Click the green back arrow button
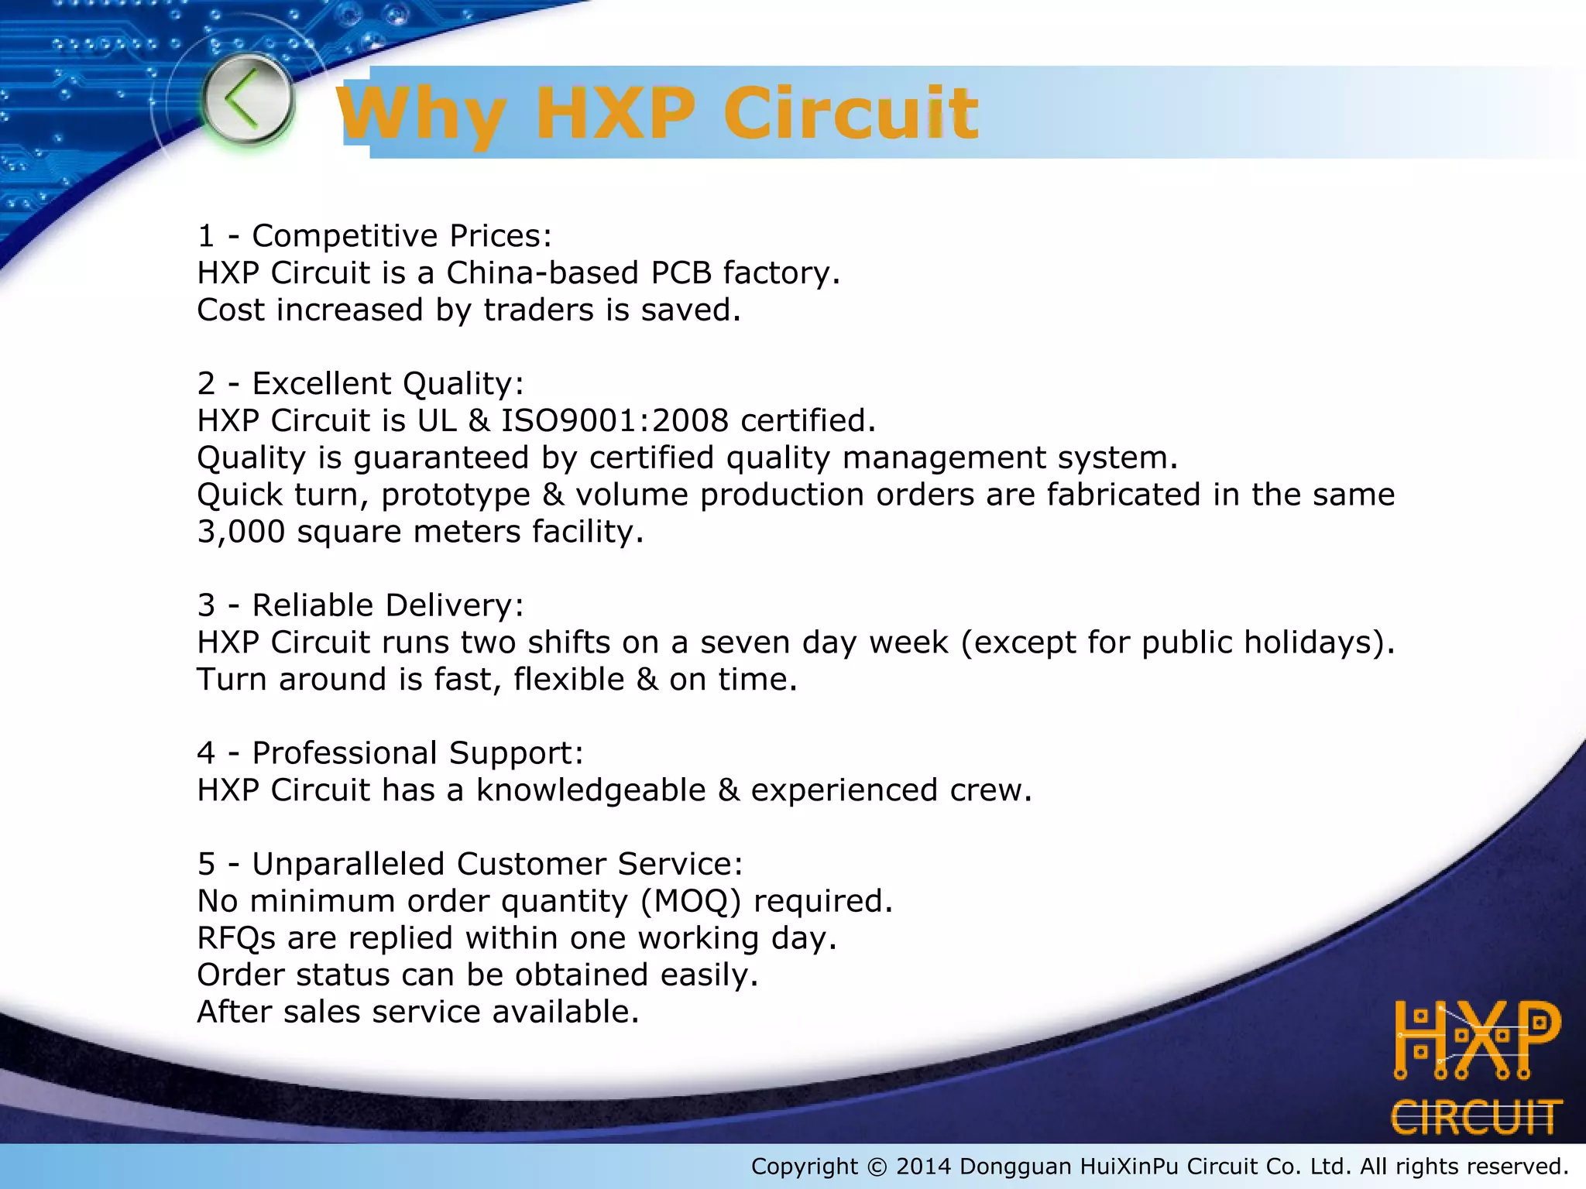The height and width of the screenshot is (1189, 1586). pyautogui.click(x=247, y=100)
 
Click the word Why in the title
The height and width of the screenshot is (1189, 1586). pyautogui.click(x=422, y=114)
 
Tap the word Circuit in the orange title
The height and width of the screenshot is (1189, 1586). pyautogui.click(x=850, y=114)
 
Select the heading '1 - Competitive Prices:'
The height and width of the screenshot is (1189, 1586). pyautogui.click(x=375, y=236)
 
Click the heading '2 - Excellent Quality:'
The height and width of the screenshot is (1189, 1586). pyautogui.click(x=361, y=384)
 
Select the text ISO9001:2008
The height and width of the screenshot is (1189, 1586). pyautogui.click(x=615, y=421)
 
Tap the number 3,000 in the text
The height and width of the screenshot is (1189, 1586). pyautogui.click(x=241, y=532)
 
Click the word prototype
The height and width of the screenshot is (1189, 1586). pyautogui.click(x=455, y=495)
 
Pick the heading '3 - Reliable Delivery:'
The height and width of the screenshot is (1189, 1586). pyautogui.click(x=361, y=605)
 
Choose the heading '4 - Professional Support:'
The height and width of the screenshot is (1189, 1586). pyautogui.click(x=390, y=753)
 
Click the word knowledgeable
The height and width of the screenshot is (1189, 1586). pyautogui.click(x=591, y=790)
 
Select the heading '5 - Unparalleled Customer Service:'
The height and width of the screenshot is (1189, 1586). pyautogui.click(x=470, y=864)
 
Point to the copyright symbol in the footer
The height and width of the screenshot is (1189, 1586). pyautogui.click(x=877, y=1167)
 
